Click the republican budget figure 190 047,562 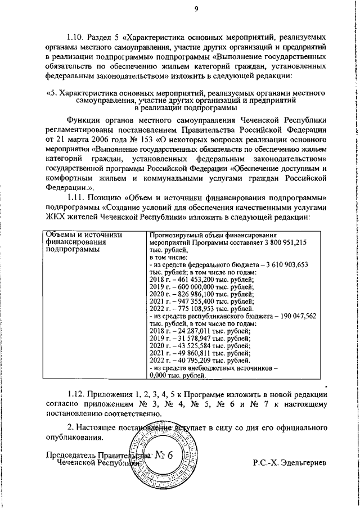[293, 316]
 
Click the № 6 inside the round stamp [164, 456]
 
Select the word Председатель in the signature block [69, 455]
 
